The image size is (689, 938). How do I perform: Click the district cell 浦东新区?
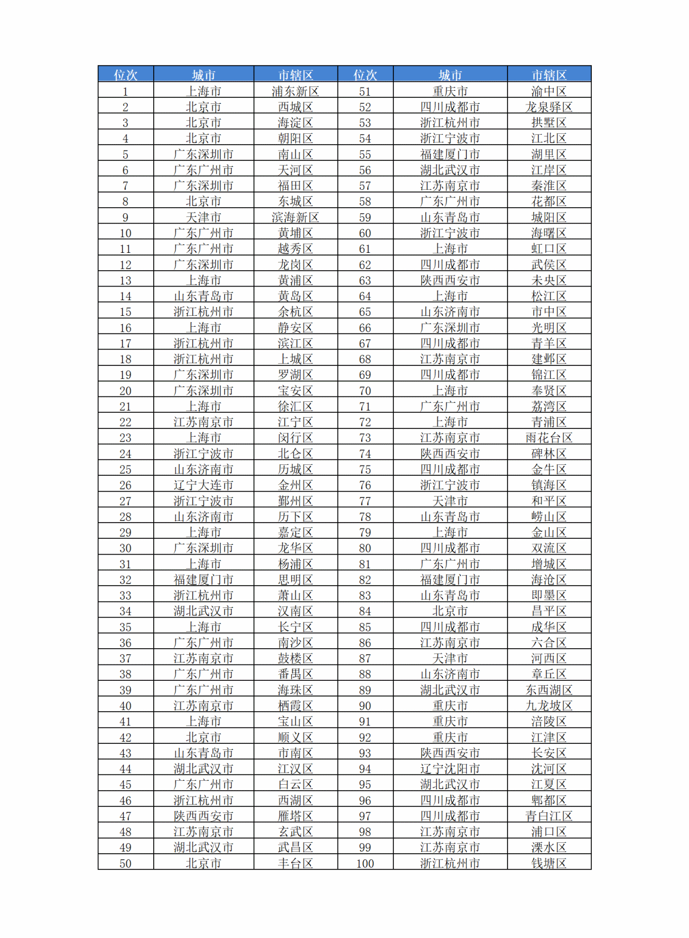point(295,91)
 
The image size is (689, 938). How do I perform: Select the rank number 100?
point(365,863)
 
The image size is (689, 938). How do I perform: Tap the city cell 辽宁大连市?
point(203,485)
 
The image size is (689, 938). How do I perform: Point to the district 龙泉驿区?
point(549,107)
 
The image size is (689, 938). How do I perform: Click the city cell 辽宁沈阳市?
point(450,769)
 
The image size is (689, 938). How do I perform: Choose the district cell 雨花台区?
point(549,438)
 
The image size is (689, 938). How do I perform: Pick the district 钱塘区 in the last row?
point(549,863)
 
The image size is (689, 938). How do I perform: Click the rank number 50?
point(126,863)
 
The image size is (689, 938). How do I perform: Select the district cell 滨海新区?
point(295,218)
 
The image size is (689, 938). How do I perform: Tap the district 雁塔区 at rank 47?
point(295,816)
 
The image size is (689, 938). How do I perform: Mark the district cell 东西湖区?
point(549,690)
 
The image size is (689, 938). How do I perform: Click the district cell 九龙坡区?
point(549,706)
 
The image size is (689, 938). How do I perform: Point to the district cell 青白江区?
point(549,816)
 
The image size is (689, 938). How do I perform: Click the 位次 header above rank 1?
point(126,74)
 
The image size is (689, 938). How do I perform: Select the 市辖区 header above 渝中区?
point(549,74)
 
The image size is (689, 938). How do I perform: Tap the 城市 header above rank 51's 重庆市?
point(450,74)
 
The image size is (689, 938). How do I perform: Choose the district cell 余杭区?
point(295,312)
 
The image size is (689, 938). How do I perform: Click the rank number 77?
point(365,501)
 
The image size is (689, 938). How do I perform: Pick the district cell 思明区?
point(295,580)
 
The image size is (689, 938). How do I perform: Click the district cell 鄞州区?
point(295,501)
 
